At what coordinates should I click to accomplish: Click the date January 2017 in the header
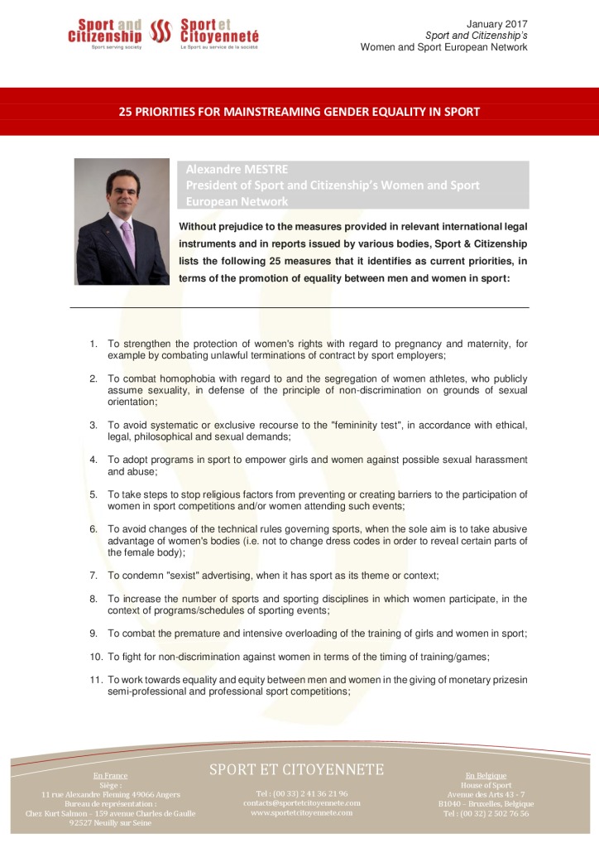(x=496, y=24)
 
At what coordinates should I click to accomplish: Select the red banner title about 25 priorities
(x=299, y=111)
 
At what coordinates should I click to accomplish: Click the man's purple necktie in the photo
(x=128, y=239)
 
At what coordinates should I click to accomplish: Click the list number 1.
(x=93, y=344)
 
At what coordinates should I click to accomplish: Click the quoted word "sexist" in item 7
(x=177, y=576)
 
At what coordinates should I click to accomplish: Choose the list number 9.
(x=93, y=634)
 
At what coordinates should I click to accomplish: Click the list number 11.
(x=95, y=680)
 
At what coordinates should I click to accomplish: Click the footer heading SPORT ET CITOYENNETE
(x=296, y=769)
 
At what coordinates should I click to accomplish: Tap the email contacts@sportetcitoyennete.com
(x=302, y=802)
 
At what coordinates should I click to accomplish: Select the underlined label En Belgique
(x=486, y=776)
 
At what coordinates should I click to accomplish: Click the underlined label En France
(x=110, y=776)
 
